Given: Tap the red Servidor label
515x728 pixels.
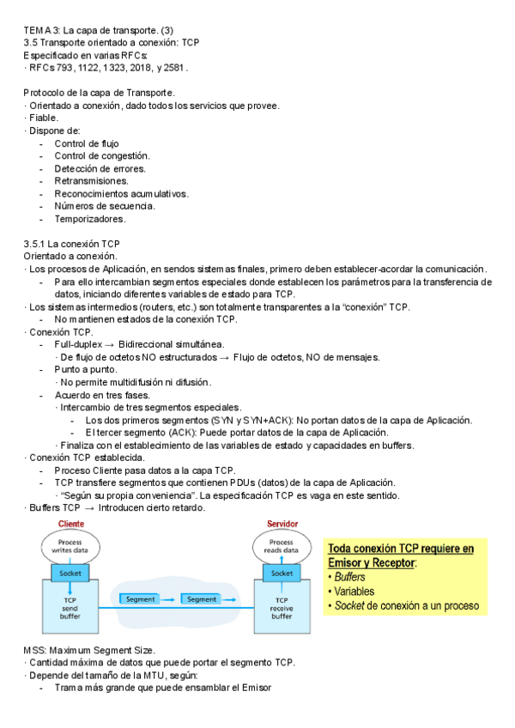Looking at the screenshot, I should pyautogui.click(x=282, y=524).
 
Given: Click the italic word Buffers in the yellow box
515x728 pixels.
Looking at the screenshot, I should pyautogui.click(x=349, y=577).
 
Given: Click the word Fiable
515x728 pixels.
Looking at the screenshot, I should pyautogui.click(x=43, y=118).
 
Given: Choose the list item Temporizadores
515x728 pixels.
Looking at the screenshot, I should pyautogui.click(x=89, y=219).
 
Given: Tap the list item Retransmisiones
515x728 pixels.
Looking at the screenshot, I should pyautogui.click(x=91, y=181).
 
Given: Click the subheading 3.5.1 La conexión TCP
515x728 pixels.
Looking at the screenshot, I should pyautogui.click(x=72, y=244).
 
